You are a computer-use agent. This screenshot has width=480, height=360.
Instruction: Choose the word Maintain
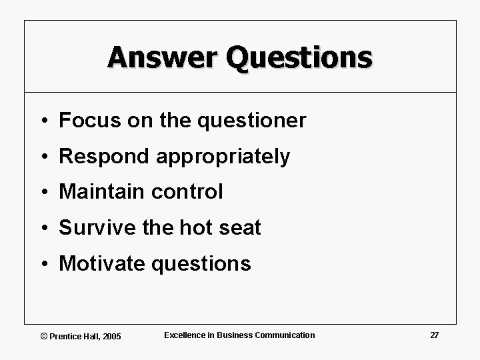(100, 192)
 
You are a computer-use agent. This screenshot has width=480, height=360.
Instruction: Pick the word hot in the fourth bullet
(194, 228)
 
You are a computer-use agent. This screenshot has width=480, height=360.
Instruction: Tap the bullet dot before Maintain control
(43, 193)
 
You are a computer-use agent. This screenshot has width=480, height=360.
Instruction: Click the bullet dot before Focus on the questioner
(43, 121)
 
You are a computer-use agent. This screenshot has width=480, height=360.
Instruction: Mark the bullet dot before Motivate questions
(43, 264)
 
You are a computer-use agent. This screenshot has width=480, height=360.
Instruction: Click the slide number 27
(434, 335)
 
